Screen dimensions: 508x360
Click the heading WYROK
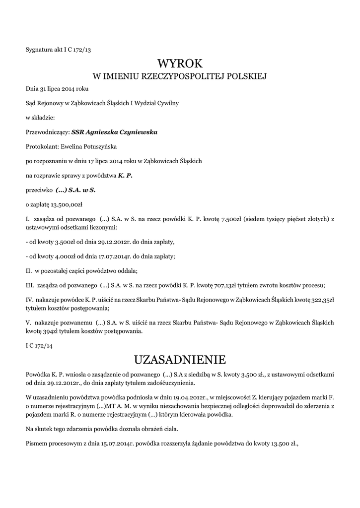[180, 63]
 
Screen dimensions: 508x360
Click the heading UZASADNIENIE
[180, 359]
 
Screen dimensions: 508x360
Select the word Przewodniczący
[48, 132]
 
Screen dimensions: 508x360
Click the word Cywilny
[167, 103]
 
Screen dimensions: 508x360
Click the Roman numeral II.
[28, 271]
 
